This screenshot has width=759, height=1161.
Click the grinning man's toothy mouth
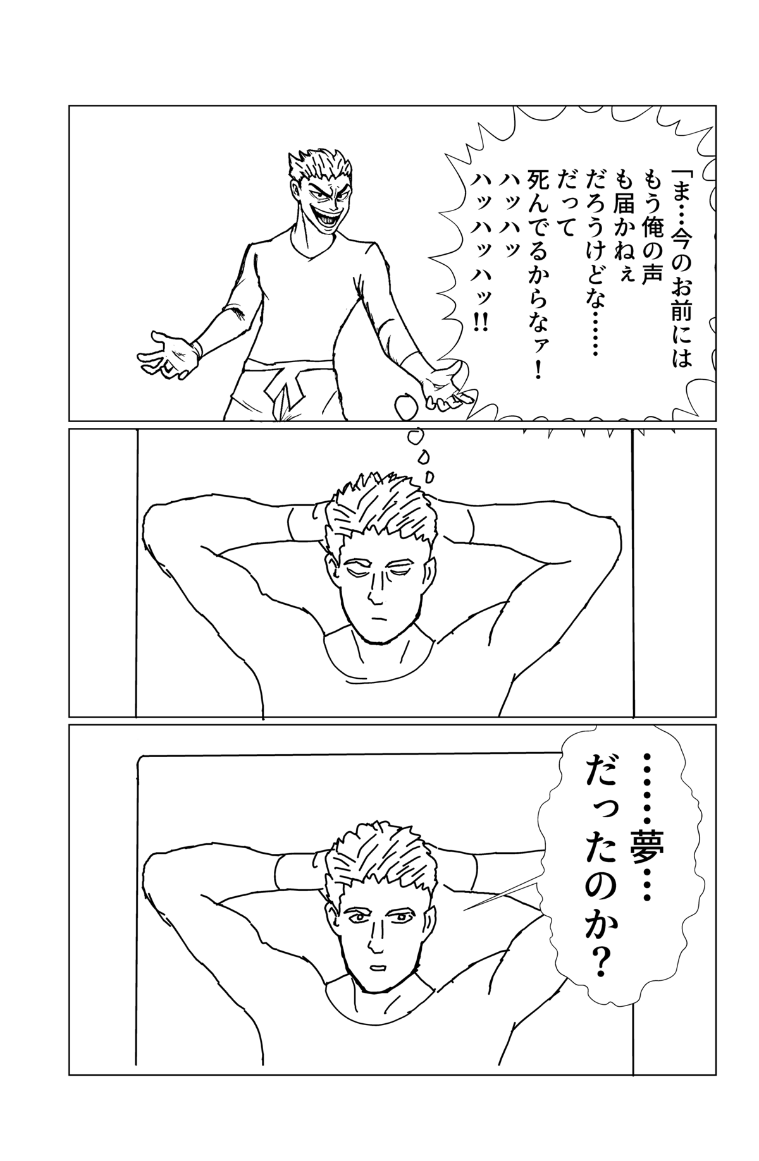(326, 217)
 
